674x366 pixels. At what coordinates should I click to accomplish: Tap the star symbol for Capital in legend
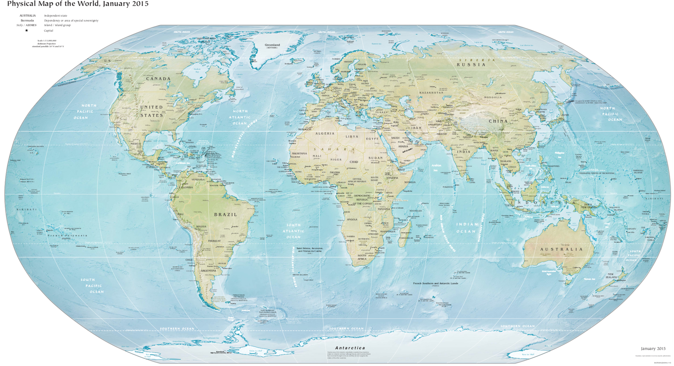tap(27, 30)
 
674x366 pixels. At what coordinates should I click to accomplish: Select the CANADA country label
tap(158, 79)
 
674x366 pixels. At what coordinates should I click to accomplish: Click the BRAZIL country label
tap(225, 215)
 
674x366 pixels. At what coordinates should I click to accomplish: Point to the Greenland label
tap(272, 45)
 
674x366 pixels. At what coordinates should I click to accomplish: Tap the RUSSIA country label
tap(471, 65)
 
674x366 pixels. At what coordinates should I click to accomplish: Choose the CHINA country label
tap(498, 121)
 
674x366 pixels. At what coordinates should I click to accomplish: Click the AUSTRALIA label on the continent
tap(562, 249)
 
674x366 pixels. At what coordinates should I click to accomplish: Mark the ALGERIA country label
tap(325, 134)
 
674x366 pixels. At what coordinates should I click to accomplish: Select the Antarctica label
tap(350, 348)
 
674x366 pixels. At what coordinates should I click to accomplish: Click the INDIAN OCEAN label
tap(466, 228)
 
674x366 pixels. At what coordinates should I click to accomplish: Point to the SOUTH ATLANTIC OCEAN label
tap(293, 231)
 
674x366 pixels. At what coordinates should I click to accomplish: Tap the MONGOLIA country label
tap(492, 97)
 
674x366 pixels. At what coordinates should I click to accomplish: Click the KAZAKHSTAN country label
tap(431, 93)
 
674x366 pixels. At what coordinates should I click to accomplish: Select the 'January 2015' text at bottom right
tap(653, 349)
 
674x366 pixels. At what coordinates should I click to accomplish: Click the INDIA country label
tap(463, 152)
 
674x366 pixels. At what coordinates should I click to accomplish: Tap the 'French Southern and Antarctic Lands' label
tap(435, 283)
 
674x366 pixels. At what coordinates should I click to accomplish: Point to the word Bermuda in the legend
tap(27, 20)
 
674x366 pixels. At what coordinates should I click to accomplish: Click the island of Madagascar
tap(405, 231)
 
